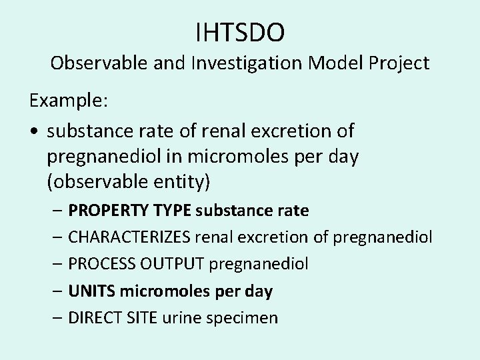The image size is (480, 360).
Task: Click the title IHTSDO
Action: pos(240,31)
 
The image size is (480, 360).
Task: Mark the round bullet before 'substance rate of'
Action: pos(33,131)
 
